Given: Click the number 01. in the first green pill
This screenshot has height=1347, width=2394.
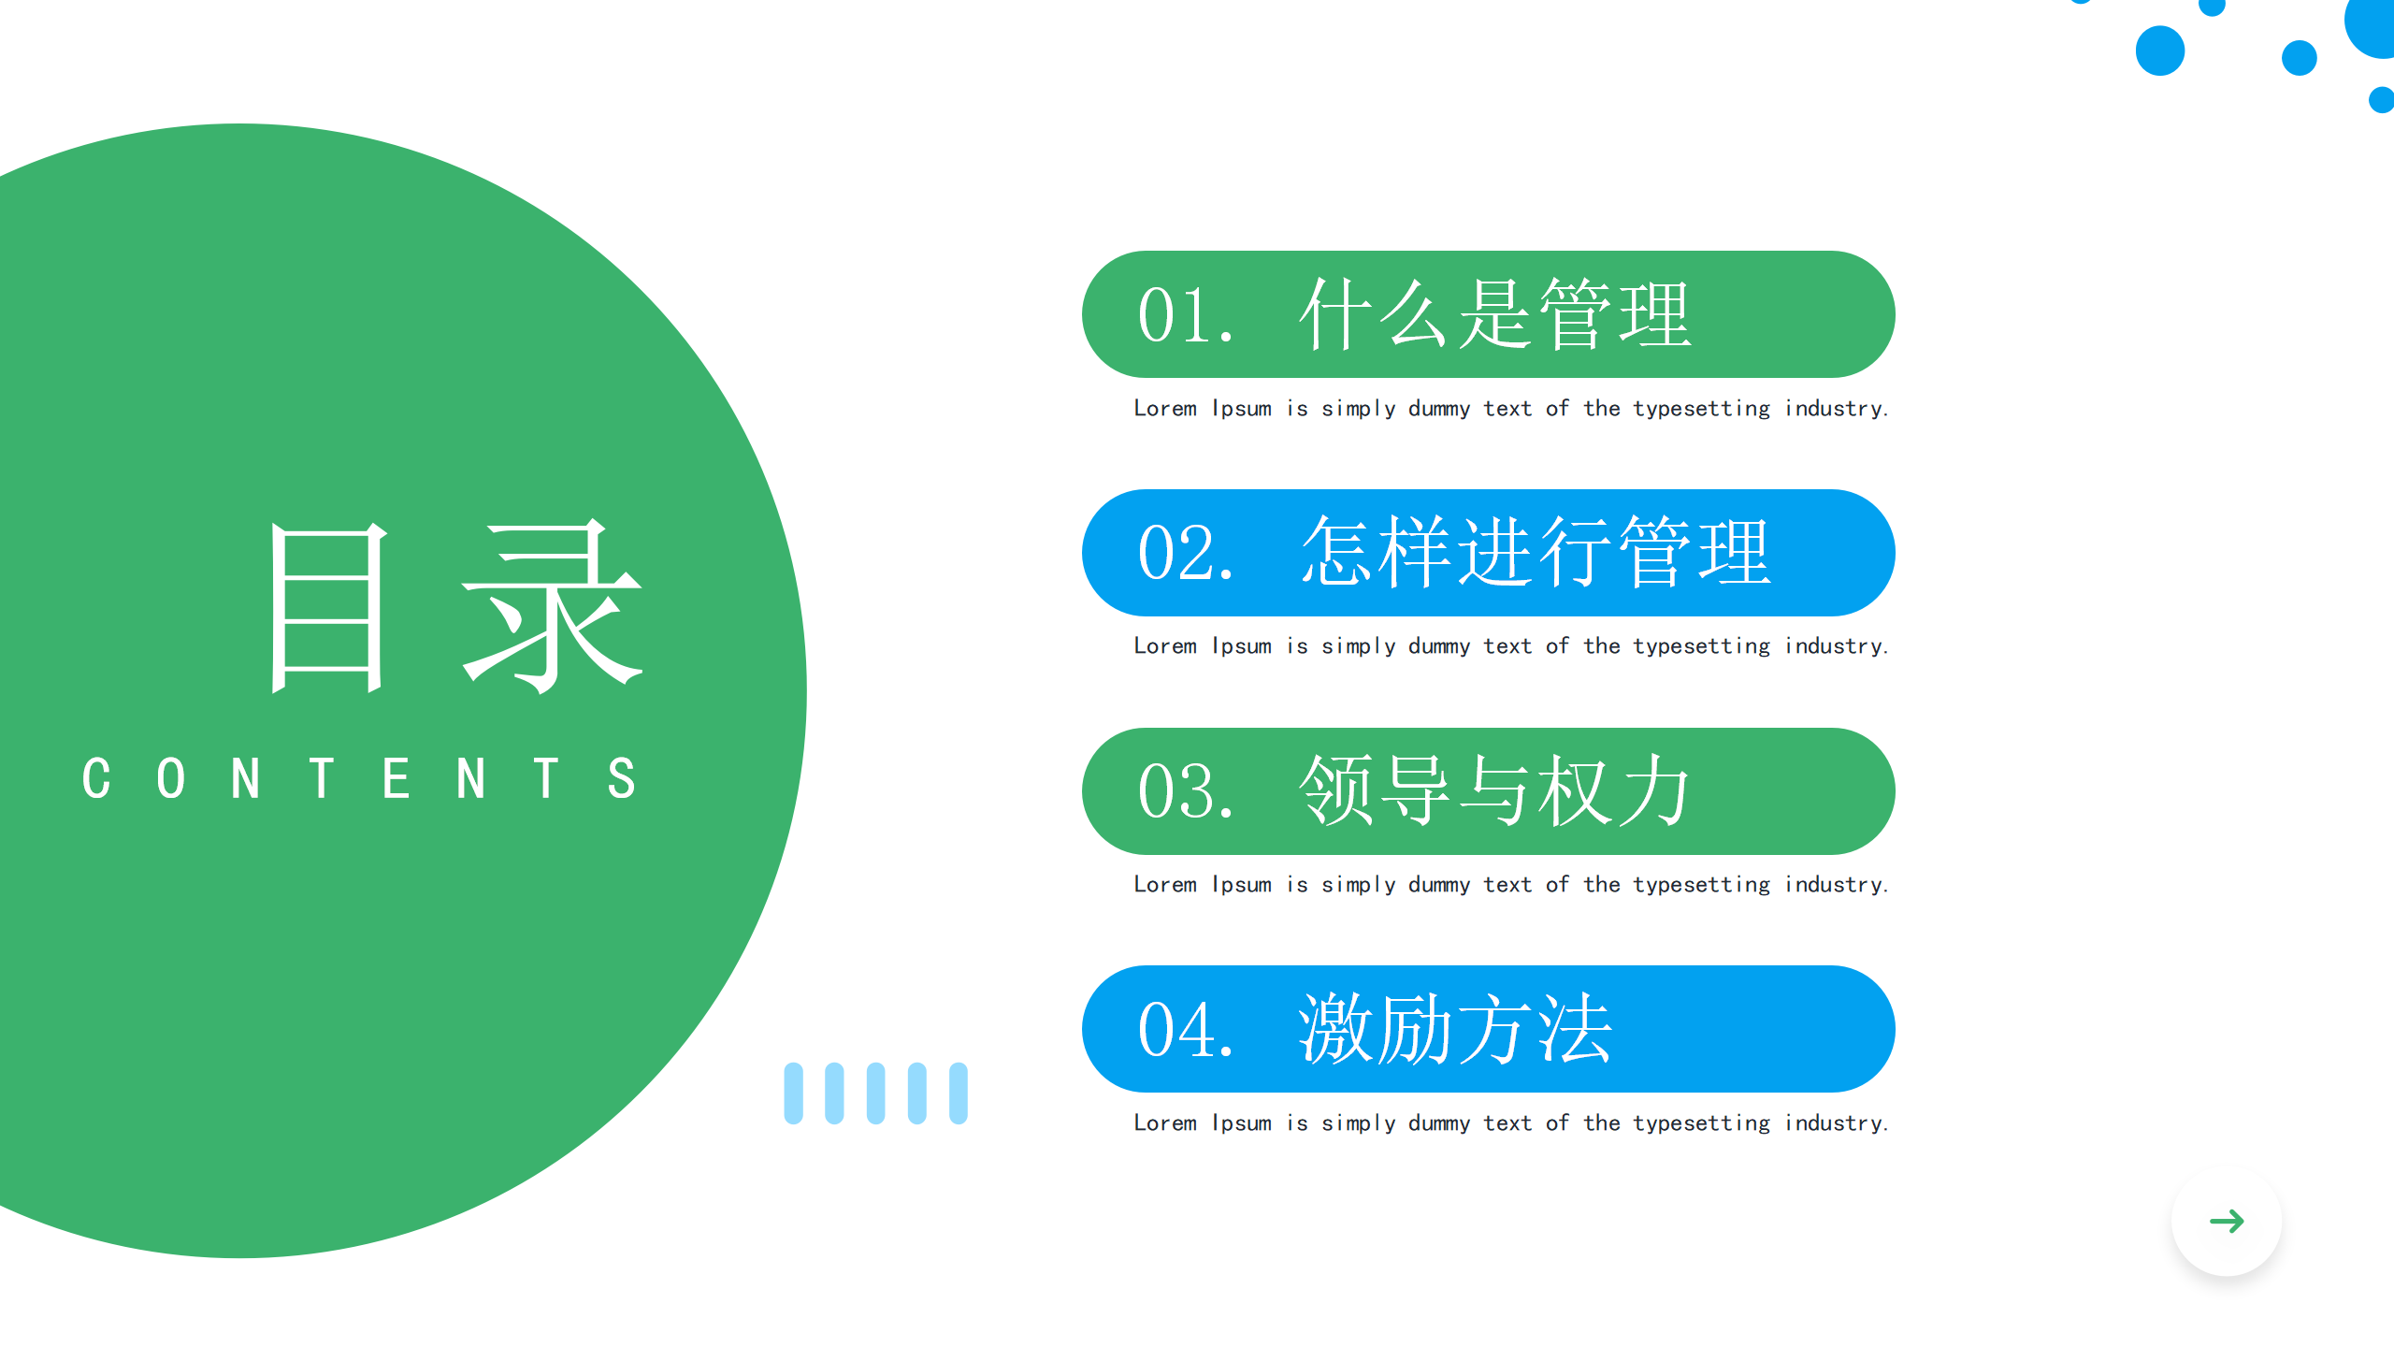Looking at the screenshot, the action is click(x=1186, y=316).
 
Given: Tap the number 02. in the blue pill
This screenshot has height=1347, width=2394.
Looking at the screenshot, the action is click(x=1186, y=554).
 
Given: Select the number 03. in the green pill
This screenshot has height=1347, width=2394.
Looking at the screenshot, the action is click(x=1186, y=792).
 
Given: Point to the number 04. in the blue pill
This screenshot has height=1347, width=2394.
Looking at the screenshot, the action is click(x=1186, y=1031).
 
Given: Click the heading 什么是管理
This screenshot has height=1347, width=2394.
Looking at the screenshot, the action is click(x=1495, y=314).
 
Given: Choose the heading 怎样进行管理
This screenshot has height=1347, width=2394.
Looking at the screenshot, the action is click(x=1536, y=552).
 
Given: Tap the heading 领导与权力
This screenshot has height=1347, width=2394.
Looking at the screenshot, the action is click(x=1494, y=790).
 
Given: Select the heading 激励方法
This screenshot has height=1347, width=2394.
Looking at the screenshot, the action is click(x=1455, y=1029).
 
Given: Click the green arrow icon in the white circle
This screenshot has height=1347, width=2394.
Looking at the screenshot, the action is click(x=2227, y=1221).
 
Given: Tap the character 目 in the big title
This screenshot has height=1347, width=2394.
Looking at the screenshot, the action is click(x=327, y=608).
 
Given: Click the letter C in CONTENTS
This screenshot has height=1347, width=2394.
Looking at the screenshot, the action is click(x=96, y=778).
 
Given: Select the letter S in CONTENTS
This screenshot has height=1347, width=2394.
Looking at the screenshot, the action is click(x=622, y=778).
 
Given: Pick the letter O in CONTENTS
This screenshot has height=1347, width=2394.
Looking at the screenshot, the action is click(x=171, y=778).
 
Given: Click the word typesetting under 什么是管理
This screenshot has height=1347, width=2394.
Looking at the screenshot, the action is click(x=1702, y=410).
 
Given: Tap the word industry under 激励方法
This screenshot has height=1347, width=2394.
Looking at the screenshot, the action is click(x=1837, y=1123).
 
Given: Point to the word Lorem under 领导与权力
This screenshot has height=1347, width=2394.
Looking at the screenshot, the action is click(x=1165, y=885).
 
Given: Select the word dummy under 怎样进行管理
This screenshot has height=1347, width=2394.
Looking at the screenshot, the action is click(x=1439, y=647).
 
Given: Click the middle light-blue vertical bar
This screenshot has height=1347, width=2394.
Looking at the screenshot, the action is click(x=875, y=1094).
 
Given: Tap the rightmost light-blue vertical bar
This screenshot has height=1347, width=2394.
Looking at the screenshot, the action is click(x=958, y=1094).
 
